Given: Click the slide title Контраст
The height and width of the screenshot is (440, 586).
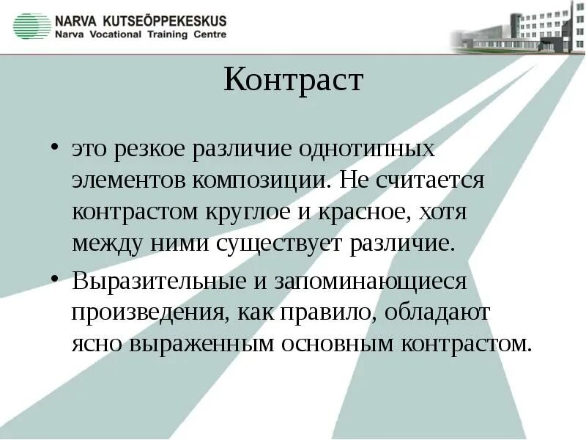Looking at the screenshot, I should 293,79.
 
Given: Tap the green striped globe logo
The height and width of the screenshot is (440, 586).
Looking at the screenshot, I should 31,26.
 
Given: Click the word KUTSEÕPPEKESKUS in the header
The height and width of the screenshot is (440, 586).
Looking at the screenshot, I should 164,21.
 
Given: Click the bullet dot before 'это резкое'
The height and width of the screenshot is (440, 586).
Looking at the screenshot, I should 56,147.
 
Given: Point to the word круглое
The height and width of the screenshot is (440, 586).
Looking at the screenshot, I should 266,212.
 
